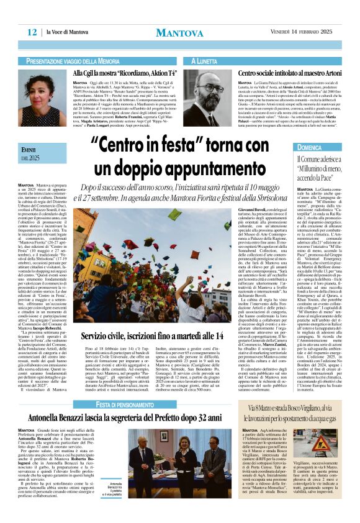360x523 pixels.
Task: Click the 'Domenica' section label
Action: coord(310,148)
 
